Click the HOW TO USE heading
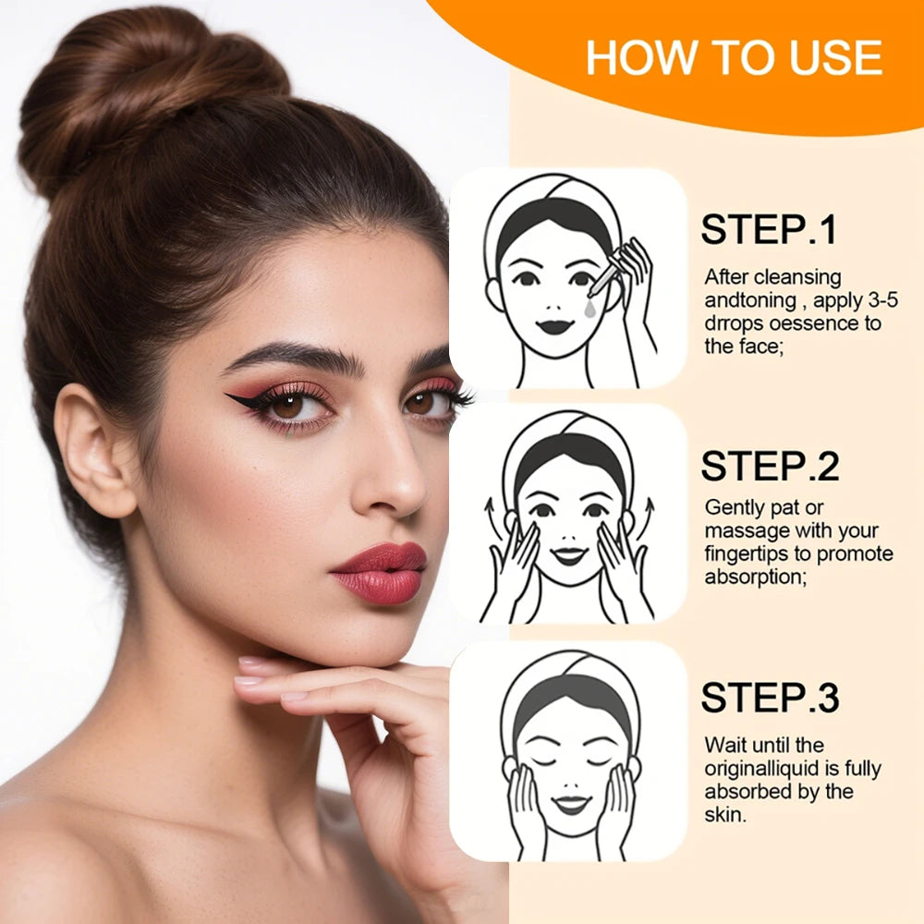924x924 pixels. point(734,58)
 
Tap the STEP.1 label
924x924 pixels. point(769,230)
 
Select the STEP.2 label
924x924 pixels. point(769,467)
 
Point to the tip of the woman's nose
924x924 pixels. point(407,499)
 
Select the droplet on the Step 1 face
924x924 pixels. point(590,310)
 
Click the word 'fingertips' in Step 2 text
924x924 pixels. point(750,554)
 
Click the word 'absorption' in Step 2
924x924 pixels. point(750,577)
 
